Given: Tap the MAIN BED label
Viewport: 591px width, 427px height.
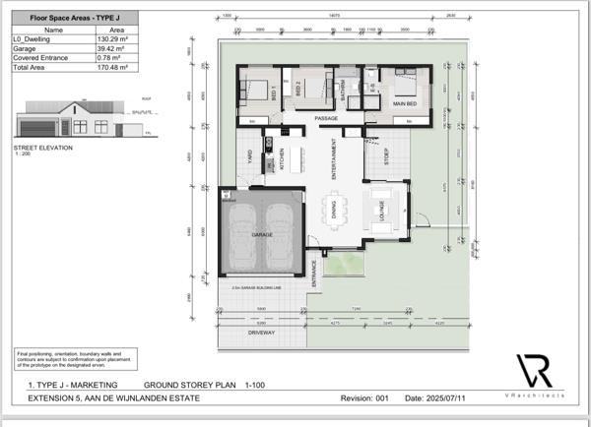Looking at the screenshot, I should (405, 103).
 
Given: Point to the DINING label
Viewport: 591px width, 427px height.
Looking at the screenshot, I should (334, 208).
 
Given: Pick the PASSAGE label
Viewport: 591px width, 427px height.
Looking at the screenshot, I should (326, 119).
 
